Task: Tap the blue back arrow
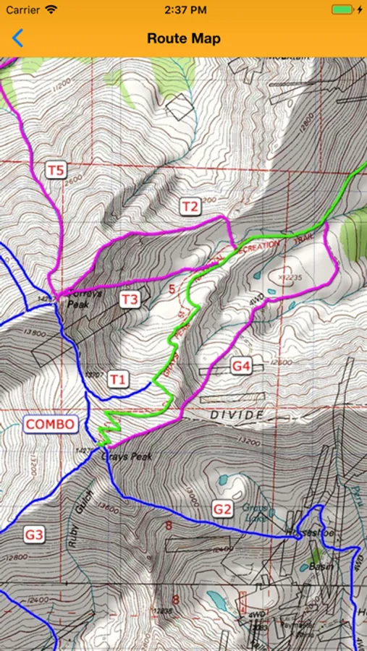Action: click(17, 38)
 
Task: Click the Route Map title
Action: click(183, 38)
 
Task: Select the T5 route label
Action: click(56, 171)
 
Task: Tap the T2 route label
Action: click(190, 207)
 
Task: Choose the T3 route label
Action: click(130, 299)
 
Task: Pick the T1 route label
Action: click(118, 379)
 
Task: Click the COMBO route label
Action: click(51, 424)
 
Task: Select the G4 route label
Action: click(241, 367)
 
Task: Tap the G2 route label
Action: click(222, 509)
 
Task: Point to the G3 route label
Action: click(34, 535)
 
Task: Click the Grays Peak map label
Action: click(127, 457)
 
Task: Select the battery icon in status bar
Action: click(344, 10)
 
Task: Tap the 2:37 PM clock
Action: click(183, 10)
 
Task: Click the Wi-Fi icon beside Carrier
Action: click(51, 10)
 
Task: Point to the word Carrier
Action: click(23, 10)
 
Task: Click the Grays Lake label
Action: click(255, 513)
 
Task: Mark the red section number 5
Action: click(172, 290)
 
